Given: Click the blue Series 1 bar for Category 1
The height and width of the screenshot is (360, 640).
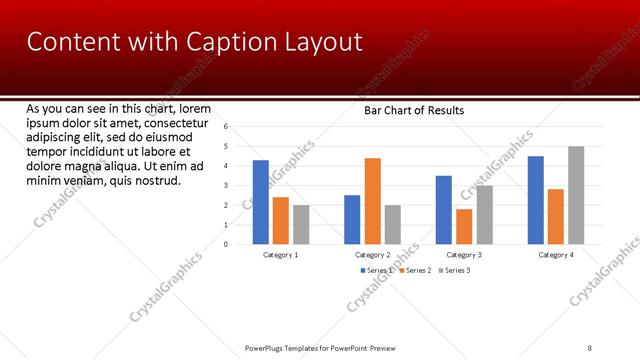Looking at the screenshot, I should point(260,202).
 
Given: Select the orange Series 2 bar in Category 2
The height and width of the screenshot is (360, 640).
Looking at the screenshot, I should point(372,201).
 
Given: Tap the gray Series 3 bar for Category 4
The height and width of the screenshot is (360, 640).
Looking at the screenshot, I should point(576,195).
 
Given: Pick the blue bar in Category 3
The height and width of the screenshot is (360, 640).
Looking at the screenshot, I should point(443,210).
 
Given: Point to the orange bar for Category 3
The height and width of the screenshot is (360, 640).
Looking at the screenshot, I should point(463,226).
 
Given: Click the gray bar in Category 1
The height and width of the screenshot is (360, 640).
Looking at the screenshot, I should point(301,225).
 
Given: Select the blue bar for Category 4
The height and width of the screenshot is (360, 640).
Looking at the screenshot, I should point(535,200).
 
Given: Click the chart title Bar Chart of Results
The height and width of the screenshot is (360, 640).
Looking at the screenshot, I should point(413,110).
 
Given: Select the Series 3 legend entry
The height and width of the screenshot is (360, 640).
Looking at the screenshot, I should point(455,270).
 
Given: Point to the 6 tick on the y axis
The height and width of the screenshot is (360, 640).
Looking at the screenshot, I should point(227,127).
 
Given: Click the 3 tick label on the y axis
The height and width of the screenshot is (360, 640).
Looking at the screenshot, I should point(227,185).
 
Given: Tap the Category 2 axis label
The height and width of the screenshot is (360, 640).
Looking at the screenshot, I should point(372,255).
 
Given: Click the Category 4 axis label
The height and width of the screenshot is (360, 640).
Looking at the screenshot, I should point(557,255).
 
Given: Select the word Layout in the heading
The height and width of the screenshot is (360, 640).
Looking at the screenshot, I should point(316,42).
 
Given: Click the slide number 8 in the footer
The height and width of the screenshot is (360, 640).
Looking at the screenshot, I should point(590,347).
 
